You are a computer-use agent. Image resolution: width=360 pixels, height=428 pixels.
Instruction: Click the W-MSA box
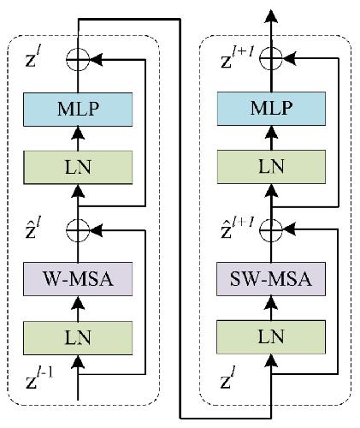[78, 279]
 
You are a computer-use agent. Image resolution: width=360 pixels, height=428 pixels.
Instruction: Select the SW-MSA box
[271, 279]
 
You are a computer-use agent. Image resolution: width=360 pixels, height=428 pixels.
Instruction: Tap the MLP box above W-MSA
[78, 110]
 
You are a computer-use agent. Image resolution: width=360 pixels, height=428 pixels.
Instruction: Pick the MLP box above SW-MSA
[271, 109]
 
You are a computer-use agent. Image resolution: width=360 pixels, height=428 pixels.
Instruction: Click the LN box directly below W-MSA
[78, 338]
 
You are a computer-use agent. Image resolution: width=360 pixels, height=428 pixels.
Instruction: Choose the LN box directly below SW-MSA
[271, 337]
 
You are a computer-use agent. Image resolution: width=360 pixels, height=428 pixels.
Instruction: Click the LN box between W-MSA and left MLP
[78, 167]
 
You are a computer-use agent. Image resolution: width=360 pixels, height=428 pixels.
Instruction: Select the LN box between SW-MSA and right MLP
[271, 167]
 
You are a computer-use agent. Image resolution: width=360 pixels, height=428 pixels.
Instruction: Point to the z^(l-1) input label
[39, 378]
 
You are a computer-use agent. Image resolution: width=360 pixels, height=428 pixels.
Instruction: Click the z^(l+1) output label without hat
[237, 58]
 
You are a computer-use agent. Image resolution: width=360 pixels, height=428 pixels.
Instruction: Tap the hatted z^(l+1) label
[237, 228]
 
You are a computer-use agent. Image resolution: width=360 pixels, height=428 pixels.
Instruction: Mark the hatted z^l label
[33, 228]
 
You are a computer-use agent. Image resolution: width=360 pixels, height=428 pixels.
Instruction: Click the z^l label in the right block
[228, 377]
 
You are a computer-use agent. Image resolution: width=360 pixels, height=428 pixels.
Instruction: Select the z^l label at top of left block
[33, 57]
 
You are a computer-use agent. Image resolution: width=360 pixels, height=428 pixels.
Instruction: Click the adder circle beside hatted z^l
[78, 230]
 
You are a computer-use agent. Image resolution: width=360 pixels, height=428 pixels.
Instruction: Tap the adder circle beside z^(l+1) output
[271, 58]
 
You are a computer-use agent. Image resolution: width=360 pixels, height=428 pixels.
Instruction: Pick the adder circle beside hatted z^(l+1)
[271, 229]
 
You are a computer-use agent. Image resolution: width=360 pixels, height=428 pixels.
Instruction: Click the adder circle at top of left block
[78, 59]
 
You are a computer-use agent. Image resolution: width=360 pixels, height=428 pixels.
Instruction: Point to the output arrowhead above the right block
[271, 15]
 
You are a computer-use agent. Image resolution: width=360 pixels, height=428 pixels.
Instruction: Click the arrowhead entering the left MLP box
[78, 133]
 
